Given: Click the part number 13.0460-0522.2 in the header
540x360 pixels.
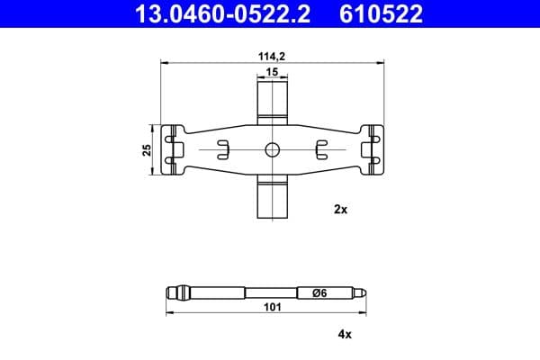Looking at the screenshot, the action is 223,13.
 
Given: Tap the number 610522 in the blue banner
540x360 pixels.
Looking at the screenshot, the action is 381,13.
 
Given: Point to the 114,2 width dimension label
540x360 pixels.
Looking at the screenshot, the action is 272,56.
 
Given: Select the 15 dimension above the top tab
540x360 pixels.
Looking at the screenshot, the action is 272,72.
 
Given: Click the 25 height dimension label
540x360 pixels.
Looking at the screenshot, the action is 147,150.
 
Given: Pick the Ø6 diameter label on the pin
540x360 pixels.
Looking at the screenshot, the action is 319,293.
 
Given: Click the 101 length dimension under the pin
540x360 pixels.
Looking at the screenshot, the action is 273,307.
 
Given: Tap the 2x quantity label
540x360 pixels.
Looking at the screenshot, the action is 340,209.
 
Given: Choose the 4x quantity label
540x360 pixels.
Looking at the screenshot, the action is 345,334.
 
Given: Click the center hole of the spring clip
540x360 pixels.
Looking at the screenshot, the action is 273,150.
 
